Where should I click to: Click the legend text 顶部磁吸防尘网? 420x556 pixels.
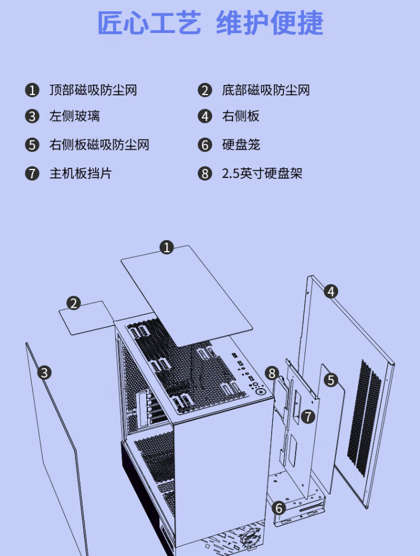(93, 90)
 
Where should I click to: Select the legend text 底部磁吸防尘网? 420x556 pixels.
(266, 90)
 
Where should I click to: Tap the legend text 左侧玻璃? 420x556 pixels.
(74, 116)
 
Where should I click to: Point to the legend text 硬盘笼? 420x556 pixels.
(241, 145)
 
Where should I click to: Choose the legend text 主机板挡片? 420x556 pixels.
(81, 173)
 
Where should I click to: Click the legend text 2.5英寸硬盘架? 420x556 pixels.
(263, 173)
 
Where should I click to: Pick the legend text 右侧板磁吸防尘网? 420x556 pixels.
(100, 145)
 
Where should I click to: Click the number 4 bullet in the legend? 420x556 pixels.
(205, 116)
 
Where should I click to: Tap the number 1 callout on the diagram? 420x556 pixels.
(166, 247)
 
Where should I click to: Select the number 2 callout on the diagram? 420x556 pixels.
(73, 303)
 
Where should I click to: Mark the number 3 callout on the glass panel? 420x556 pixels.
(44, 373)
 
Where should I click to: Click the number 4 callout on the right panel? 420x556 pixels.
(331, 291)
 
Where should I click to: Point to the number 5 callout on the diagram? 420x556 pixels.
(331, 380)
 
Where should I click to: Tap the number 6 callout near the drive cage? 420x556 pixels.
(279, 508)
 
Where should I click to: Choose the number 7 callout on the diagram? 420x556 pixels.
(308, 416)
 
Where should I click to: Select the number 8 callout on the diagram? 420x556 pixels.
(272, 373)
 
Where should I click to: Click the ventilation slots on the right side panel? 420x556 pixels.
(364, 418)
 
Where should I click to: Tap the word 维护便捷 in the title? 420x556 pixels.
(270, 23)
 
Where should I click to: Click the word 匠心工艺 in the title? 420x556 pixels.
(149, 23)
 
